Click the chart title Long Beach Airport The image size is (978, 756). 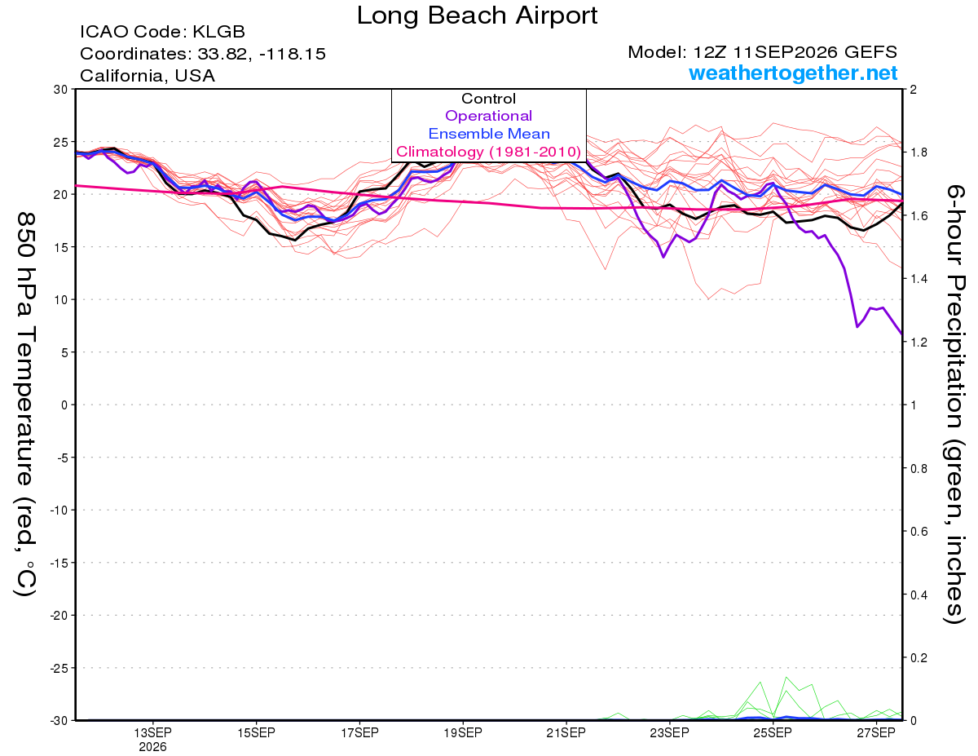click(477, 15)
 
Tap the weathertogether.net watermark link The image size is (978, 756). click(793, 73)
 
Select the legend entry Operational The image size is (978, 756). click(488, 116)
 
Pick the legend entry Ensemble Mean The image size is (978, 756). click(489, 134)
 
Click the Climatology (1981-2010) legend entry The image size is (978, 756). click(488, 152)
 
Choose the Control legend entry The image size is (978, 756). click(488, 99)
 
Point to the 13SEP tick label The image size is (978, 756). click(152, 732)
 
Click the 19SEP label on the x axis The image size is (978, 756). click(463, 732)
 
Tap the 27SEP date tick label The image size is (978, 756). click(876, 732)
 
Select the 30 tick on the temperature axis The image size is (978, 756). click(60, 90)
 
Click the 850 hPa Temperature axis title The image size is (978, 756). click(25, 405)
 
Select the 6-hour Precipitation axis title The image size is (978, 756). click(954, 405)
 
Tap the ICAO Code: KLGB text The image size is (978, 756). click(162, 32)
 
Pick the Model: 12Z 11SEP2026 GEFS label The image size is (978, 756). click(762, 52)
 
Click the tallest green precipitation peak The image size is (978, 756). click(786, 677)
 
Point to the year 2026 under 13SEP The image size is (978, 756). click(152, 748)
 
